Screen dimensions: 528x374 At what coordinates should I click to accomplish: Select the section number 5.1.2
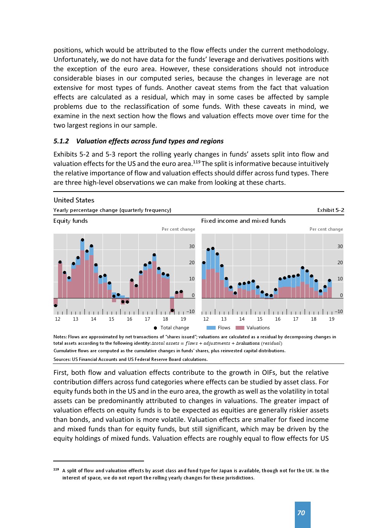click(61, 141)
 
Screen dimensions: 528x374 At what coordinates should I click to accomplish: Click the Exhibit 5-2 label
click(330, 210)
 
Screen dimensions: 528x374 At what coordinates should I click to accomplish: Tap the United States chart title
click(74, 200)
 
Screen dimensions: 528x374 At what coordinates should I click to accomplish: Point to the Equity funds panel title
click(71, 221)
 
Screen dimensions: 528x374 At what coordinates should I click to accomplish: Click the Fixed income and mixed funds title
click(243, 221)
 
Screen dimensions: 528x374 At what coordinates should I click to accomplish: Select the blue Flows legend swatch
click(211, 328)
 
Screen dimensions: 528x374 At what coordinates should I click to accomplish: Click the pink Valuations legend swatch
click(240, 328)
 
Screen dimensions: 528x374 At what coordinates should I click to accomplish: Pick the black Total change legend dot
click(155, 328)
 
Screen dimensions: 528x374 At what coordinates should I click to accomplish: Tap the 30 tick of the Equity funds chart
click(192, 247)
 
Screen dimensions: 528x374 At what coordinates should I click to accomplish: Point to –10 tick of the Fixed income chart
click(339, 312)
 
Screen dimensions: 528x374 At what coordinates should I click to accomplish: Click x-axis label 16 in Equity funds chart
click(129, 319)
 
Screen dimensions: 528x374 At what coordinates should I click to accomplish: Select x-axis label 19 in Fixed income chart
click(331, 319)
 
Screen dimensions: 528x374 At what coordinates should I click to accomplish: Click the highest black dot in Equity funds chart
click(83, 240)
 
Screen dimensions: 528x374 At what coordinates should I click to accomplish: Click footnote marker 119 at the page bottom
click(56, 469)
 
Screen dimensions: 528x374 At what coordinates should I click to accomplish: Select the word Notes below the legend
click(60, 337)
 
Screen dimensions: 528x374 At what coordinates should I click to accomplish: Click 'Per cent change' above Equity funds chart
click(178, 229)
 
